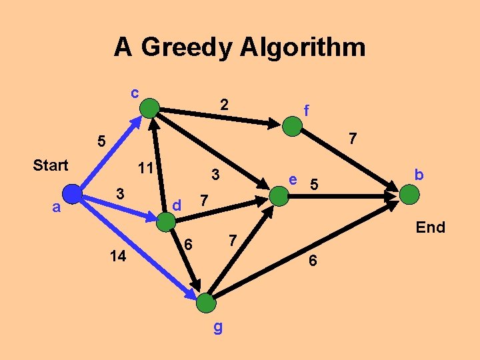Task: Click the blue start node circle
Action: [x=73, y=193]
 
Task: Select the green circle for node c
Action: [x=151, y=107]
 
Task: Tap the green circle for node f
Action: [x=292, y=127]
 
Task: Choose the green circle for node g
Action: [x=207, y=303]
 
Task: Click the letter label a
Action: [x=57, y=207]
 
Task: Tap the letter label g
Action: [x=218, y=329]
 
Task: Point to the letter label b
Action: [x=419, y=175]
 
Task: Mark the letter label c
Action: [x=135, y=92]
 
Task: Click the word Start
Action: [x=51, y=165]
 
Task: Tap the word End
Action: [x=430, y=227]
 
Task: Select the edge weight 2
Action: [x=225, y=104]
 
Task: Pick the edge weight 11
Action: [x=144, y=168]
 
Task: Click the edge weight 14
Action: [x=118, y=256]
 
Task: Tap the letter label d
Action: [x=177, y=205]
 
